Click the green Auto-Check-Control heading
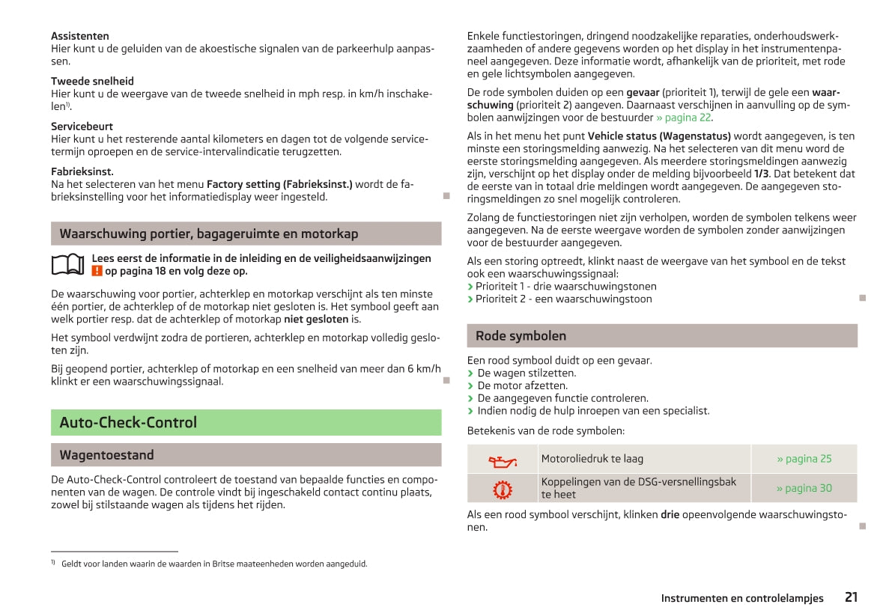pyautogui.click(x=128, y=423)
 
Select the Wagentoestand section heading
pyautogui.click(x=107, y=455)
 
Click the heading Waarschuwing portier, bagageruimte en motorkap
pyautogui.click(x=209, y=234)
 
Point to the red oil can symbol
pyautogui.click(x=503, y=460)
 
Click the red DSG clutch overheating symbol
pyautogui.click(x=503, y=489)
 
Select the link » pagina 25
pyautogui.click(x=804, y=459)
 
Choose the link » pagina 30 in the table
pyautogui.click(x=804, y=489)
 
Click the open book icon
pyautogui.click(x=67, y=264)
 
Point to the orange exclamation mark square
pyautogui.click(x=97, y=272)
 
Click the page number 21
pyautogui.click(x=851, y=597)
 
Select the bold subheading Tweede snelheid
pyautogui.click(x=92, y=81)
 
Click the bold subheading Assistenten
pyautogui.click(x=80, y=36)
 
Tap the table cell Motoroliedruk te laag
pyautogui.click(x=592, y=459)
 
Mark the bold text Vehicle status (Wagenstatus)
pyautogui.click(x=659, y=137)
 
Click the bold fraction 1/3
pyautogui.click(x=761, y=174)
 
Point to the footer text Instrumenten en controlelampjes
pyautogui.click(x=742, y=598)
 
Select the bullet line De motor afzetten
pyautogui.click(x=522, y=386)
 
